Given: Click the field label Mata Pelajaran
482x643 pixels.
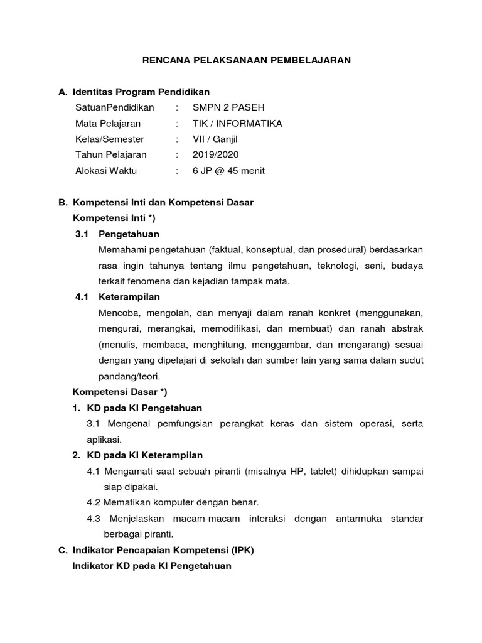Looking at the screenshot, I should click(108, 123).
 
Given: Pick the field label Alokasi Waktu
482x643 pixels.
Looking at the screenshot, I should click(106, 170).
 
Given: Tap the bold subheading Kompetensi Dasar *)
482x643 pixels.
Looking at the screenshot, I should click(120, 392).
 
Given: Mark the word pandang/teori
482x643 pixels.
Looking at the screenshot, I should click(129, 376).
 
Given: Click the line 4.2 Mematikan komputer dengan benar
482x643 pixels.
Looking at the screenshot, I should click(173, 502).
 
